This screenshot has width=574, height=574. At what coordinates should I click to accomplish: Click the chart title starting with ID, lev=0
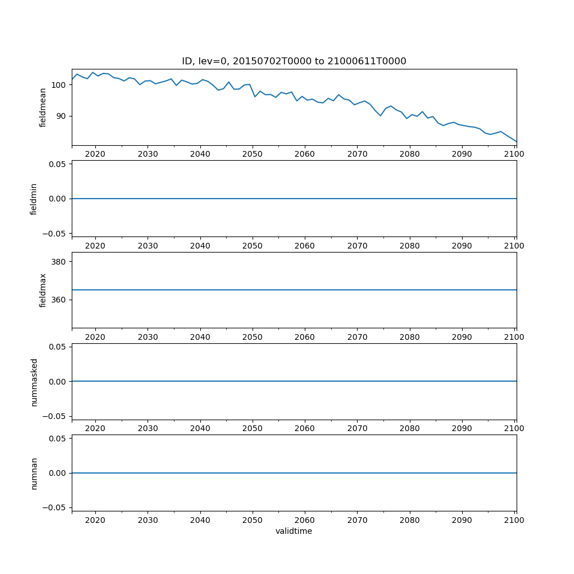pos(294,61)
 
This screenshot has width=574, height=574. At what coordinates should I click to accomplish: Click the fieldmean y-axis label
pos(43,107)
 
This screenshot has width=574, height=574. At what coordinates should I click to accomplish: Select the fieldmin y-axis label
pos(34,199)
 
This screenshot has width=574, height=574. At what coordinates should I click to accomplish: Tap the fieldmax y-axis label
pos(43,290)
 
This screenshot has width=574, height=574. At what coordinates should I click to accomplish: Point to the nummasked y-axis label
pos(34,382)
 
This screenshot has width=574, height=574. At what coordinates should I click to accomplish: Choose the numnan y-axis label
pos(34,473)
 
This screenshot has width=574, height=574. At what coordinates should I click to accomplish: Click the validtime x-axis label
pos(294,531)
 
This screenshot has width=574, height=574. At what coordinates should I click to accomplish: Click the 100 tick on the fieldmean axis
pos(58,85)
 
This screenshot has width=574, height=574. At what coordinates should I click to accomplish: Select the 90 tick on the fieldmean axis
pos(60,116)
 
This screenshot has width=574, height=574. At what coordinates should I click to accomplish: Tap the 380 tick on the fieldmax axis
pos(58,262)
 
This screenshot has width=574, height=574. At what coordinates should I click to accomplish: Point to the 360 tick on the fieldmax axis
pos(58,300)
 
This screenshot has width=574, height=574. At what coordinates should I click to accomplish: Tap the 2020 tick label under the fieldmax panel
pos(95,338)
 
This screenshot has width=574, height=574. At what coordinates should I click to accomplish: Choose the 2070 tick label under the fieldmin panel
pos(357,246)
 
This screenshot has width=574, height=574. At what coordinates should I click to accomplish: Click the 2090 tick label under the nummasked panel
pos(462,429)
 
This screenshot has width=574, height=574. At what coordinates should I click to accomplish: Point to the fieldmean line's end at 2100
pos(516,142)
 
